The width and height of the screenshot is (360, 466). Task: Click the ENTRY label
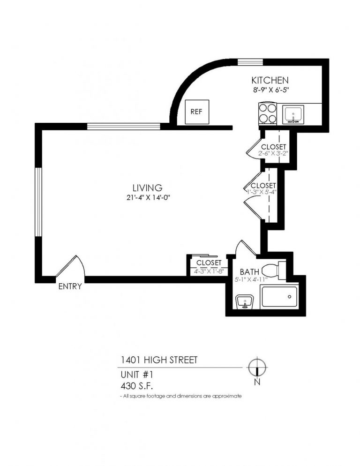click(x=70, y=286)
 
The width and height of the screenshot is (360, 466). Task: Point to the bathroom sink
click(x=244, y=303)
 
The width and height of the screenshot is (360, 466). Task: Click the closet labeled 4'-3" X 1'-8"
click(x=209, y=266)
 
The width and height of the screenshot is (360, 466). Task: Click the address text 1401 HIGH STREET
click(x=158, y=360)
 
